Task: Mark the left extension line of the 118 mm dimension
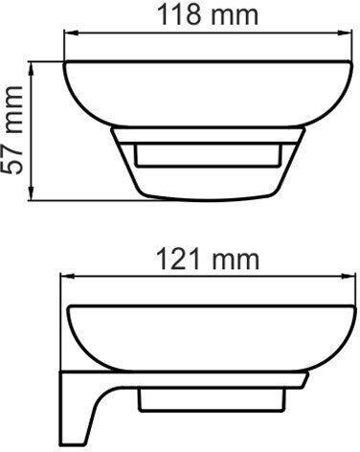[x=63, y=48]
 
